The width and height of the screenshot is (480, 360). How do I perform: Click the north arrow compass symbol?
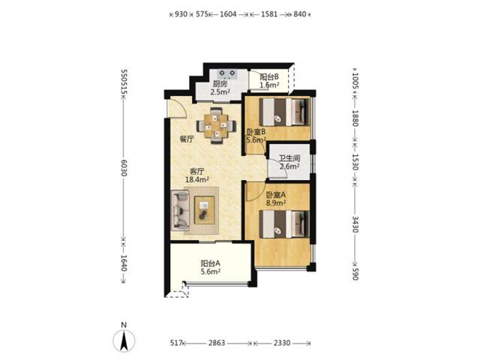pos(124,340)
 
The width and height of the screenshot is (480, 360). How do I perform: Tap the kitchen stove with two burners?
pos(227,73)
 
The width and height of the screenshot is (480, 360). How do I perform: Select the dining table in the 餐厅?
pos(216,125)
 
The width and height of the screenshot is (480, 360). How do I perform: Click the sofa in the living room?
pos(180,210)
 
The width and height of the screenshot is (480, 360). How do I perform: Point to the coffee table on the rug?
pos(204,210)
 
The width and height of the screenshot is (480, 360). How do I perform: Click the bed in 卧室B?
pos(283,112)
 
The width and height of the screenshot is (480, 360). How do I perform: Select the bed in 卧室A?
pos(283,224)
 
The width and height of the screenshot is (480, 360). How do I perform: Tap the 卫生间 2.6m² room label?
pos(289,163)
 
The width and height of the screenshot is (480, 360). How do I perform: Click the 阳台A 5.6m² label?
pos(211,267)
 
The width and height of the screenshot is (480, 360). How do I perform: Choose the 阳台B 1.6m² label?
pos(269,81)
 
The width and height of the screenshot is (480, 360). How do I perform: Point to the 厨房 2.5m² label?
pos(220,88)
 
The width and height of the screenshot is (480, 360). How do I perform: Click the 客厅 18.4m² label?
pos(197,175)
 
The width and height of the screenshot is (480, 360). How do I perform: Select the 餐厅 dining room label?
pos(187,139)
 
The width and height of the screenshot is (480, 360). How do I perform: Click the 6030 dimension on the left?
pos(124,168)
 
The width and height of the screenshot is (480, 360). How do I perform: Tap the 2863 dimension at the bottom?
pos(217,343)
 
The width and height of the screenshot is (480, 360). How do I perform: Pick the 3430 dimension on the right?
pos(355,224)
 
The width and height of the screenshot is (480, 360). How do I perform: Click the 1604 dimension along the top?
pos(228,14)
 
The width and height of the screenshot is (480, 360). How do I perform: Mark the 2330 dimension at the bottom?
pos(282,343)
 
